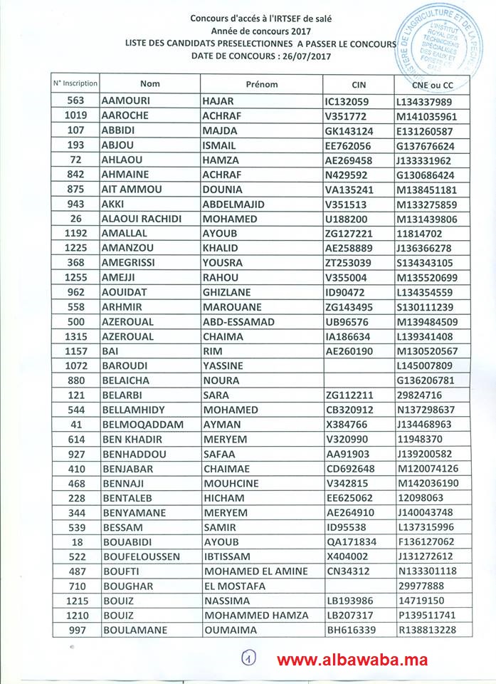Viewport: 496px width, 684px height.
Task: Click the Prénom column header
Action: click(261, 84)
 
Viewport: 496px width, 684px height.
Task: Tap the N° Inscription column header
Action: click(75, 84)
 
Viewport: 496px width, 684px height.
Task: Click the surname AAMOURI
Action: click(129, 101)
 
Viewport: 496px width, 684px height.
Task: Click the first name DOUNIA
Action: click(224, 190)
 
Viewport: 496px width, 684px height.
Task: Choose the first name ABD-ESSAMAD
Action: click(239, 321)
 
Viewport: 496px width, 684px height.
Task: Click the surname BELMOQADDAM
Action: click(143, 425)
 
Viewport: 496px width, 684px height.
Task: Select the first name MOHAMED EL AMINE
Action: click(256, 571)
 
